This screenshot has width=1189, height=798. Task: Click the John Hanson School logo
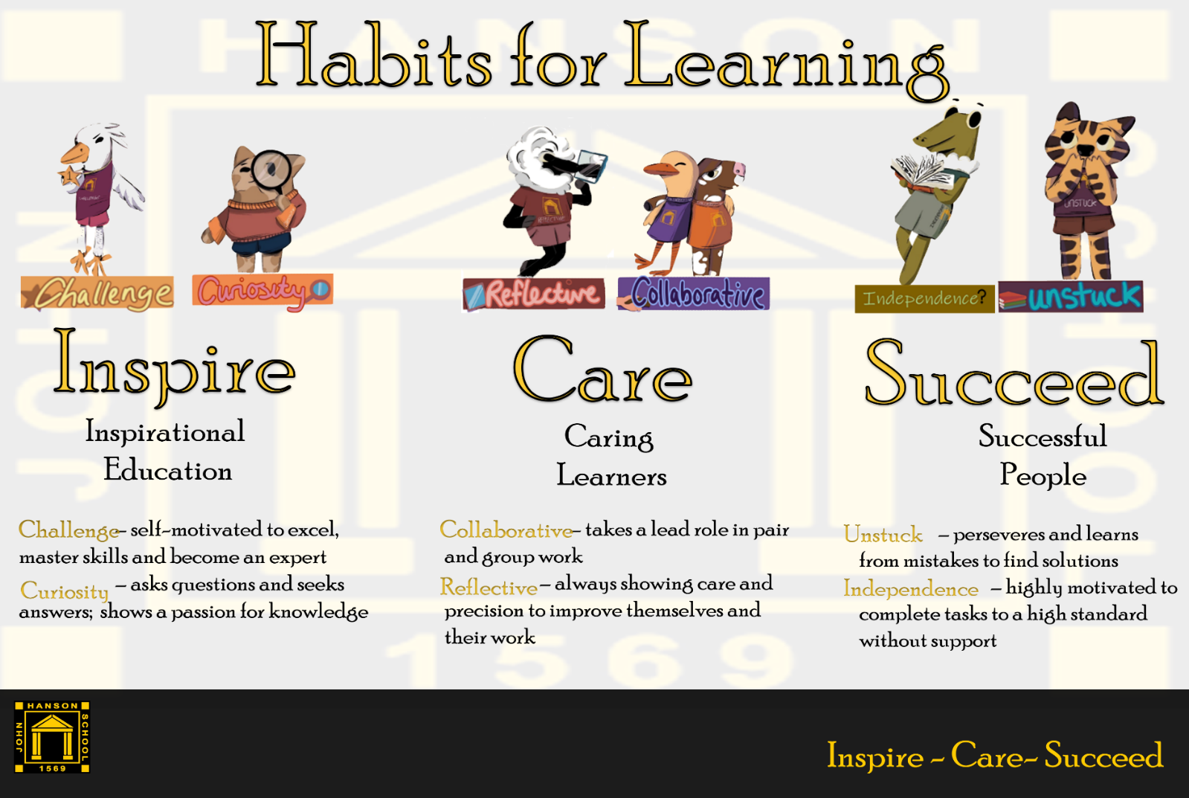click(52, 737)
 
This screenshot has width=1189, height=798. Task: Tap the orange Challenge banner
click(97, 292)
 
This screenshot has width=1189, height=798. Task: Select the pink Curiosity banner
click(262, 290)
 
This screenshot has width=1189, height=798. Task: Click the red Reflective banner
click(533, 294)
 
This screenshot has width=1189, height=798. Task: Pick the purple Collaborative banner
click(693, 293)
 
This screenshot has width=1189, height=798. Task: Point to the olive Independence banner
click(925, 298)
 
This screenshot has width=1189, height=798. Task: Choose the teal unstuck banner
click(1071, 297)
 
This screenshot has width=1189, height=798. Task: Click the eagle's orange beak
click(75, 155)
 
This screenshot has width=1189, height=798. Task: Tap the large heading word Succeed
click(1014, 374)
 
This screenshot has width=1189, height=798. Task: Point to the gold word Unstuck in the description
click(883, 535)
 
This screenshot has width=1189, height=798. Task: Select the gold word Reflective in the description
click(489, 588)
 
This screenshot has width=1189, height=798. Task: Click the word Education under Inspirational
click(168, 470)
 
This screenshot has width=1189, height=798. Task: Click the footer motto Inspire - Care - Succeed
click(995, 756)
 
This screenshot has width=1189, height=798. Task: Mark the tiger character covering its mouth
click(1086, 191)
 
